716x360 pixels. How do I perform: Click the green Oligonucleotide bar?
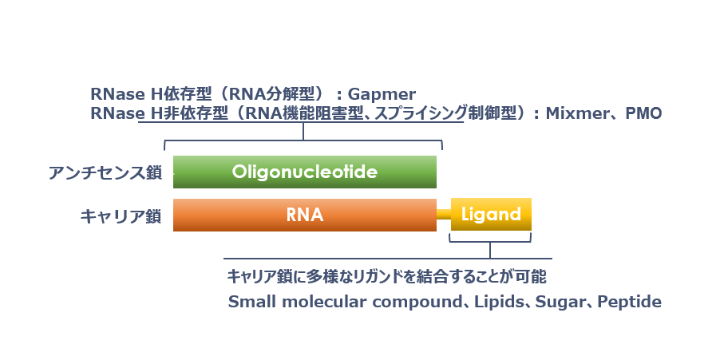click(x=305, y=172)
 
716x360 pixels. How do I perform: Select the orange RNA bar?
click(x=305, y=215)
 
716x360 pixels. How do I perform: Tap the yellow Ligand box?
click(x=491, y=214)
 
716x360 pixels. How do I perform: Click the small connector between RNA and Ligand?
click(x=443, y=214)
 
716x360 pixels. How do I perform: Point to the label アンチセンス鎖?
click(x=105, y=173)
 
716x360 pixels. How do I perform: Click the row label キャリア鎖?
click(x=121, y=216)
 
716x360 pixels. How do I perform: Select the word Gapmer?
click(x=382, y=94)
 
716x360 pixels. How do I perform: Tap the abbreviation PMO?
click(x=643, y=113)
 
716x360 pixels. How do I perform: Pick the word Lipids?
click(x=499, y=302)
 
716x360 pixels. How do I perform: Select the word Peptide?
click(x=629, y=302)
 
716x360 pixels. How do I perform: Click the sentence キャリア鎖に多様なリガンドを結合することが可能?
click(x=387, y=276)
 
